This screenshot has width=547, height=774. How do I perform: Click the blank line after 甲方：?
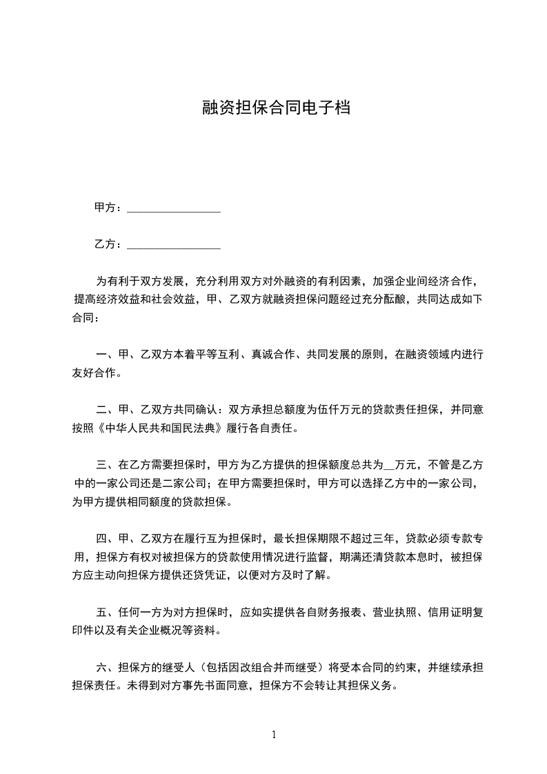pyautogui.click(x=174, y=208)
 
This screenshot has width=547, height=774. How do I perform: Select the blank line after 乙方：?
pyautogui.click(x=174, y=245)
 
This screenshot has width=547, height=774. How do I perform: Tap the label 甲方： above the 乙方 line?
pyautogui.click(x=109, y=208)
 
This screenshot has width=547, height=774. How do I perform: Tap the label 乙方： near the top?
pyautogui.click(x=109, y=244)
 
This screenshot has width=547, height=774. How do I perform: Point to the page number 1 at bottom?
pyautogui.click(x=274, y=735)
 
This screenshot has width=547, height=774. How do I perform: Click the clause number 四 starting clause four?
pyautogui.click(x=101, y=539)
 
